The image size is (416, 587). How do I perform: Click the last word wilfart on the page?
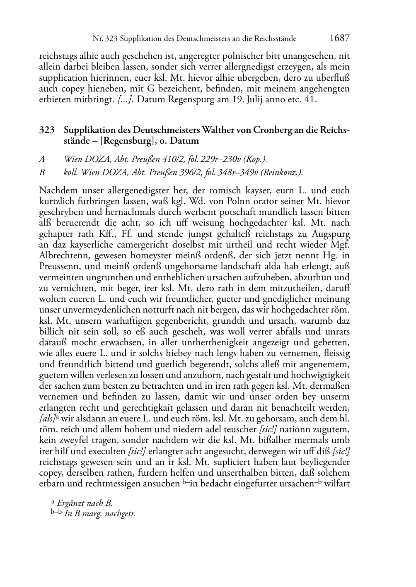pyautogui.click(x=338, y=483)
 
